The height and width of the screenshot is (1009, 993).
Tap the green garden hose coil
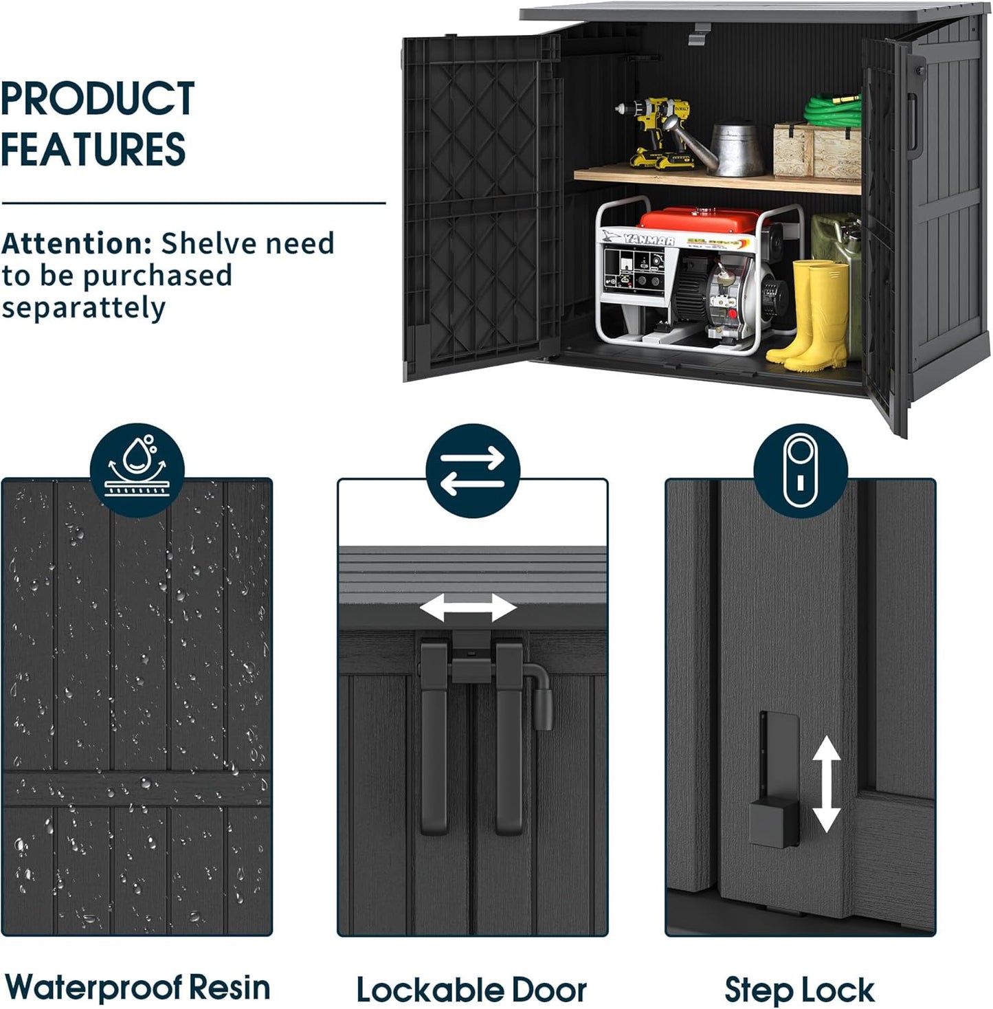[x=833, y=110]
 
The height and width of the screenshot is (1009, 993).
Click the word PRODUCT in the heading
[x=98, y=99]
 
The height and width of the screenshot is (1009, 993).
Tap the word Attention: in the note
[x=76, y=243]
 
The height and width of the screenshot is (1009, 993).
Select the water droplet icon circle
[x=137, y=469]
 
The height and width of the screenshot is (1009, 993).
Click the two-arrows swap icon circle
[x=473, y=470]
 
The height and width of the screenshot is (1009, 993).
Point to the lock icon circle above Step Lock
[x=800, y=470]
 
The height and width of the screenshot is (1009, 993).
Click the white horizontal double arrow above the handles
[x=468, y=608]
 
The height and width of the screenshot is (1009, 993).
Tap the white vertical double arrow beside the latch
[x=826, y=784]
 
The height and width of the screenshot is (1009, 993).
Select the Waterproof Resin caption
[x=137, y=988]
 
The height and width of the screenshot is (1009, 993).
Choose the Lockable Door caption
[x=471, y=990]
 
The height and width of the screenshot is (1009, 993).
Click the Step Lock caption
[x=799, y=990]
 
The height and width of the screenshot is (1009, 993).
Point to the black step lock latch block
[x=773, y=823]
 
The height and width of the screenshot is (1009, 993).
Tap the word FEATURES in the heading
[x=93, y=149]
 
